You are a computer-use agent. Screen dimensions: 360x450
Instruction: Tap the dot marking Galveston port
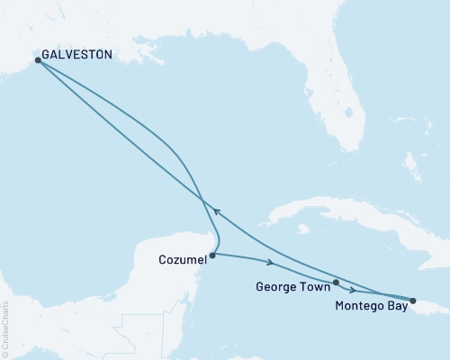point(38,60)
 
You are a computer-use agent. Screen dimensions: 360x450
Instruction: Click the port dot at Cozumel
point(212,256)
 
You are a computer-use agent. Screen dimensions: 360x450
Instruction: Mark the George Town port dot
point(336,283)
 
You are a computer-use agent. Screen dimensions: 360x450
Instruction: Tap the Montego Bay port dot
point(413,301)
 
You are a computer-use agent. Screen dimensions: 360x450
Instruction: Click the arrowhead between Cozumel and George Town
point(270,263)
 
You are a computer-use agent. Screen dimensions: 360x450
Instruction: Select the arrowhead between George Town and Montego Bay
point(352,291)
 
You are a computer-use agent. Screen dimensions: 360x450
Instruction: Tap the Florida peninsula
point(342,117)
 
